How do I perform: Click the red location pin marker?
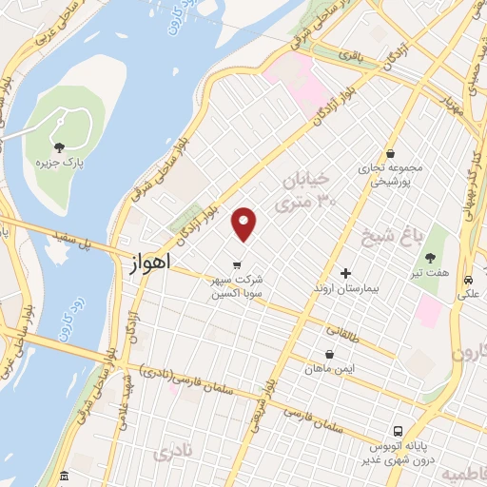[x=244, y=224]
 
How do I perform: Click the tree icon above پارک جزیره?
[x=60, y=146]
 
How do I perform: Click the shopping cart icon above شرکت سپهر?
[x=237, y=265]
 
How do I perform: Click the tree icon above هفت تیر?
[x=431, y=257]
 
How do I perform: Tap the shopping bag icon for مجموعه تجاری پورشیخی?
[x=390, y=153]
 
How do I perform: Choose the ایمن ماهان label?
[x=328, y=368]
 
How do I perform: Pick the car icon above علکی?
[x=469, y=282]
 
